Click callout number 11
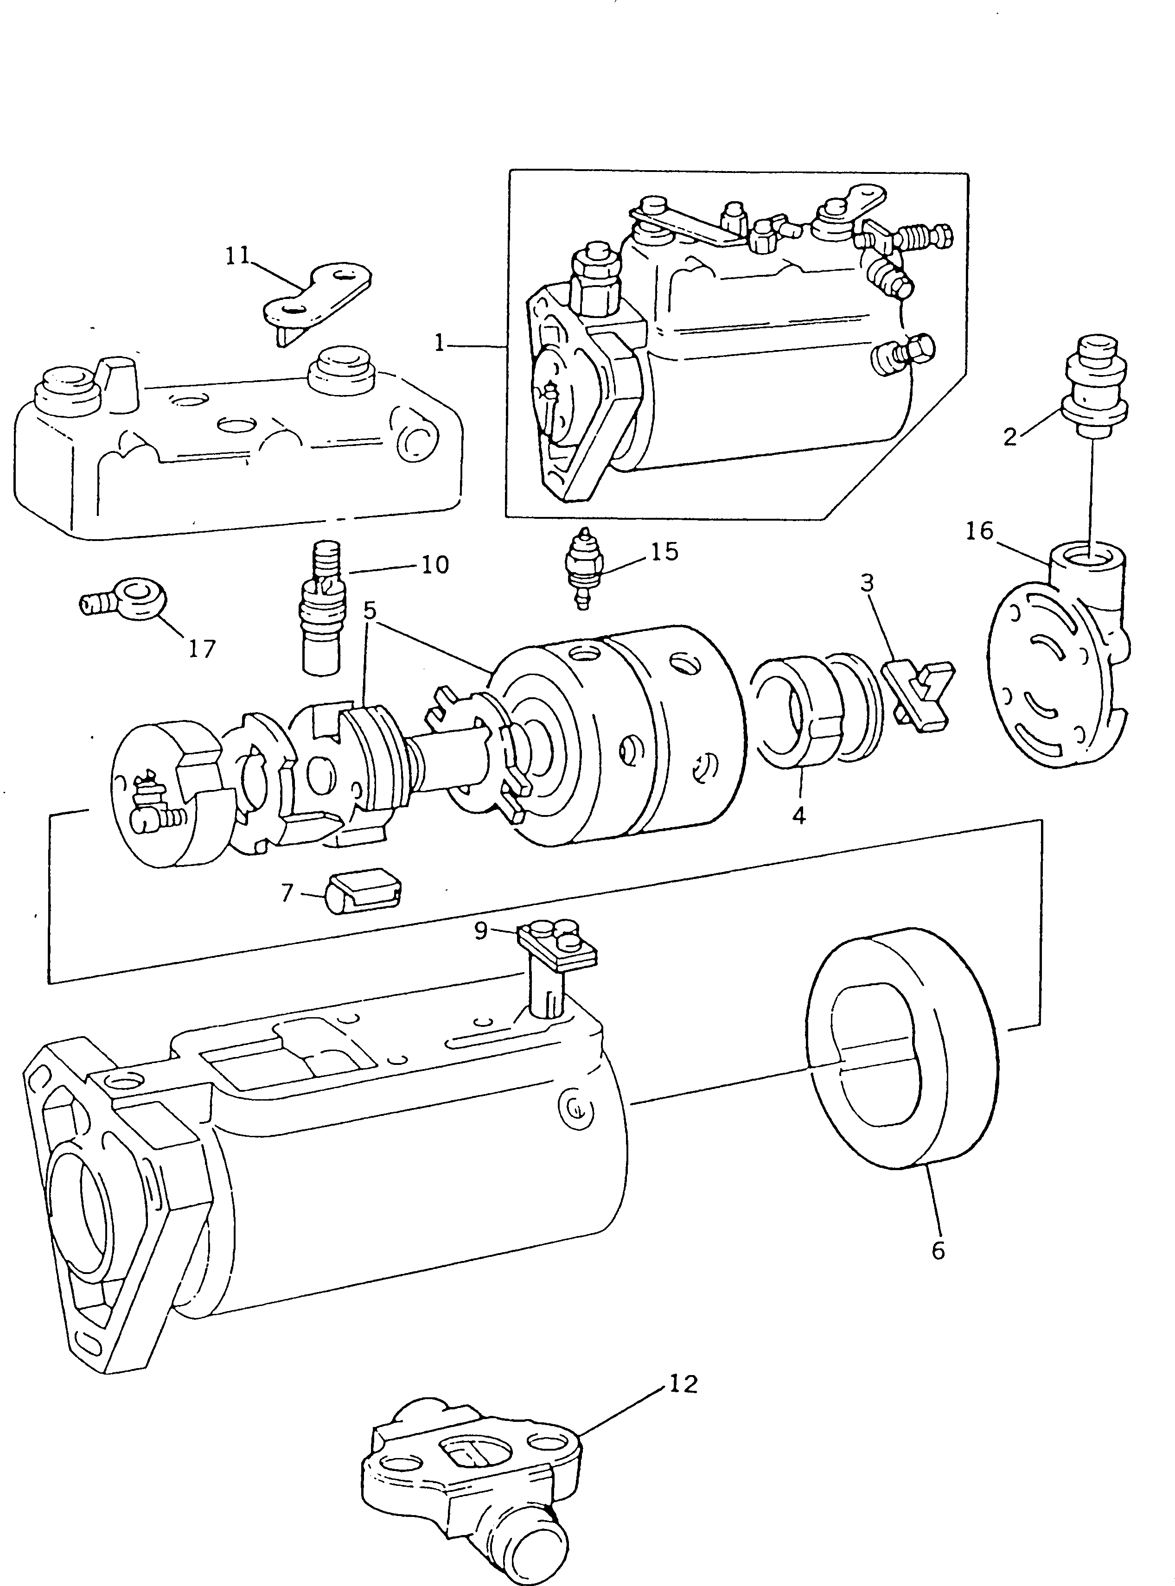pyautogui.click(x=237, y=255)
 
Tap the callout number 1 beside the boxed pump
pyautogui.click(x=440, y=344)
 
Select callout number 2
pyautogui.click(x=1011, y=437)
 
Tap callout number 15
pyautogui.click(x=664, y=552)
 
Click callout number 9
pyautogui.click(x=481, y=931)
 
